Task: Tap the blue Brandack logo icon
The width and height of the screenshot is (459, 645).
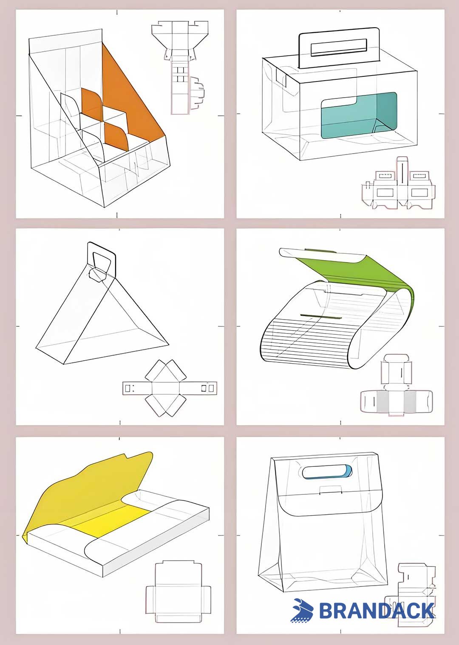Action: tap(303, 610)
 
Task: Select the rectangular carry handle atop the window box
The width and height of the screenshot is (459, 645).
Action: tap(339, 48)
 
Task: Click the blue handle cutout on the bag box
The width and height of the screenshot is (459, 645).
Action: tap(327, 472)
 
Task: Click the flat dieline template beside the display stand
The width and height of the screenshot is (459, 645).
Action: tap(180, 67)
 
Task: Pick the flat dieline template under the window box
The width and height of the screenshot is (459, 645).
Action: tap(398, 183)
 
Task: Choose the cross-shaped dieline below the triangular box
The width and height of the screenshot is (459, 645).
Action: tap(170, 387)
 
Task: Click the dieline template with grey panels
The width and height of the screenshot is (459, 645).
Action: tap(397, 385)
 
